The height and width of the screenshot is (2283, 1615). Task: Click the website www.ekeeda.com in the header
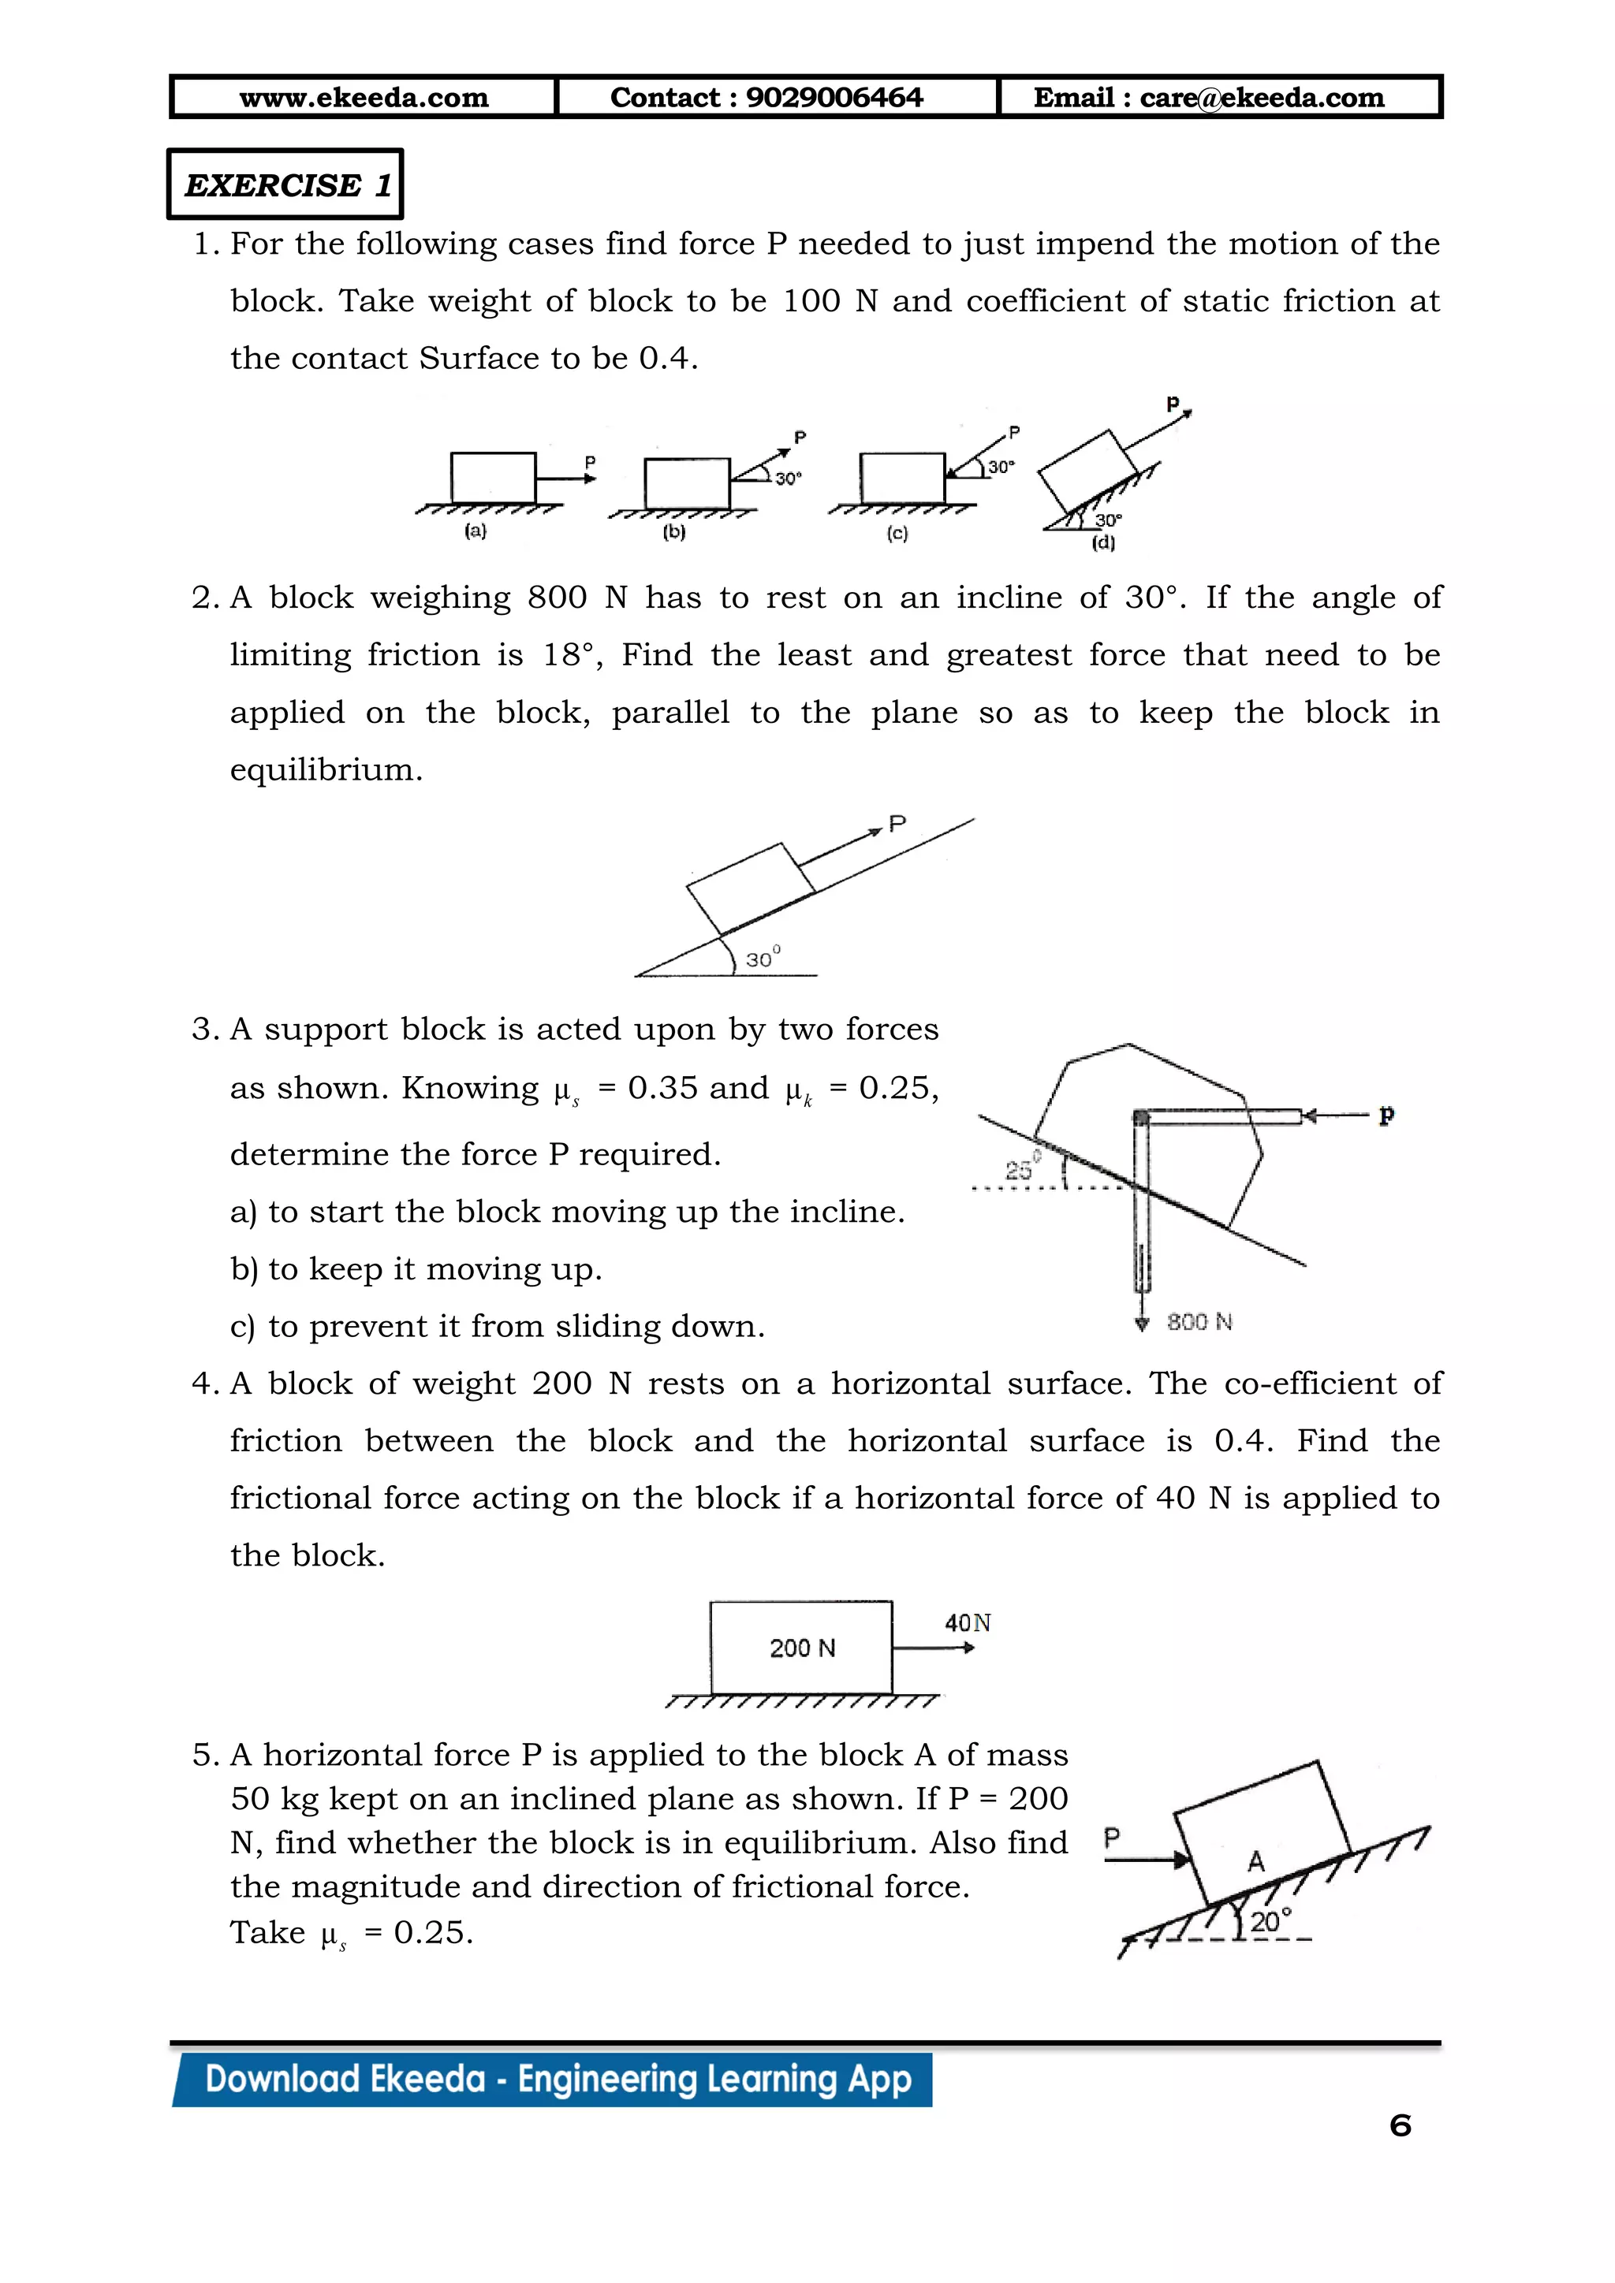364,98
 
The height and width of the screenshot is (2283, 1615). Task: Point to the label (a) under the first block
476,531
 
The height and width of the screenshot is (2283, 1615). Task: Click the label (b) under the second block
674,532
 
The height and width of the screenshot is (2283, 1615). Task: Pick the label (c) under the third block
897,534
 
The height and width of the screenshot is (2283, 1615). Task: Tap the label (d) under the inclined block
1103,543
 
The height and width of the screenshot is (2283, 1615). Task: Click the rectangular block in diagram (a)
493,479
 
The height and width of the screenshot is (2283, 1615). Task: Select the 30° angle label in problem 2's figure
763,959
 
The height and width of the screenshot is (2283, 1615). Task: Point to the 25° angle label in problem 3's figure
1021,1168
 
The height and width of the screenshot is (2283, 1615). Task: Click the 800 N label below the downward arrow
1199,1321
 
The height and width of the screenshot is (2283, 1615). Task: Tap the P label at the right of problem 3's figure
1386,1115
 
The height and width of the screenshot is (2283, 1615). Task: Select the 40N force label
968,1622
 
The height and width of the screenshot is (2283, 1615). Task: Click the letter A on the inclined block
1256,1861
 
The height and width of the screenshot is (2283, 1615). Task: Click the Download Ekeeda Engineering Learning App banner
557,2079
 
